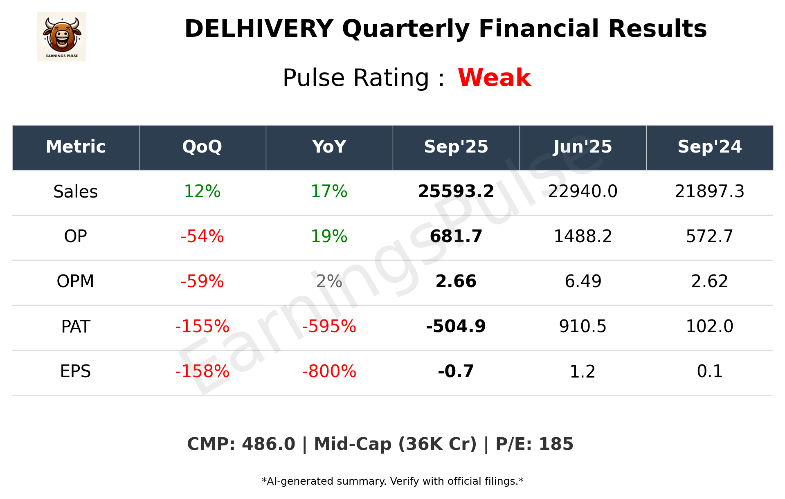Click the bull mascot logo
click(61, 36)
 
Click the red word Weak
click(494, 78)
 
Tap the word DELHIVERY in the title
click(259, 29)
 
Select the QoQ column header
click(202, 147)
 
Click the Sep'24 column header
click(709, 147)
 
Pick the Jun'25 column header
click(583, 147)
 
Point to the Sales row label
click(76, 191)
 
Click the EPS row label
click(76, 371)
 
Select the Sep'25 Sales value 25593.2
click(456, 191)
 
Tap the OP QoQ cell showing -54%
click(202, 236)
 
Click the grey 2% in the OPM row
click(329, 281)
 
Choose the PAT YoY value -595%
click(329, 326)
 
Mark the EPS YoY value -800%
click(329, 371)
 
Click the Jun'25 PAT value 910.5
click(583, 326)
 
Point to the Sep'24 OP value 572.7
click(709, 236)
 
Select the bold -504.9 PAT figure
click(456, 326)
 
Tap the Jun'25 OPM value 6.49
click(583, 281)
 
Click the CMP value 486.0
click(268, 444)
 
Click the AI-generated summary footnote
click(392, 481)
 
